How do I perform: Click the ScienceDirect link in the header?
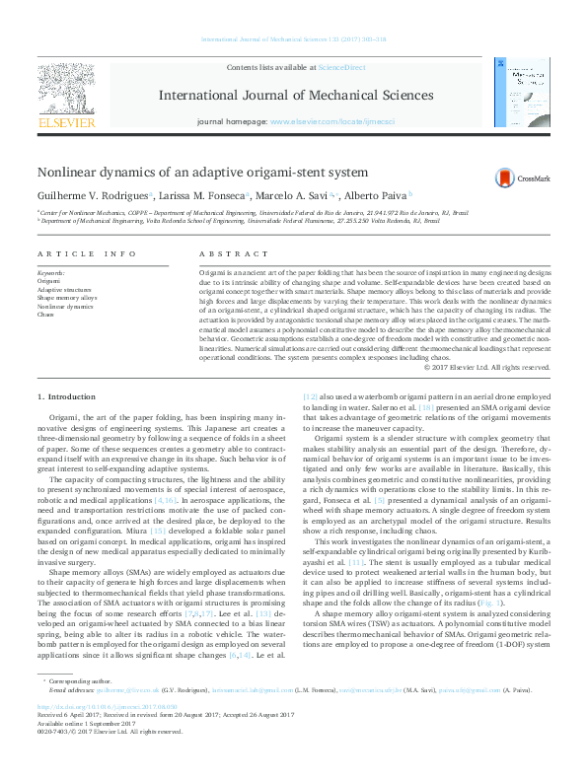[341, 67]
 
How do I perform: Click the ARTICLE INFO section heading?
[88, 253]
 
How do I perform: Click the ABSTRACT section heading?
[220, 253]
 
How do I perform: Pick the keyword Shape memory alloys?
[67, 298]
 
